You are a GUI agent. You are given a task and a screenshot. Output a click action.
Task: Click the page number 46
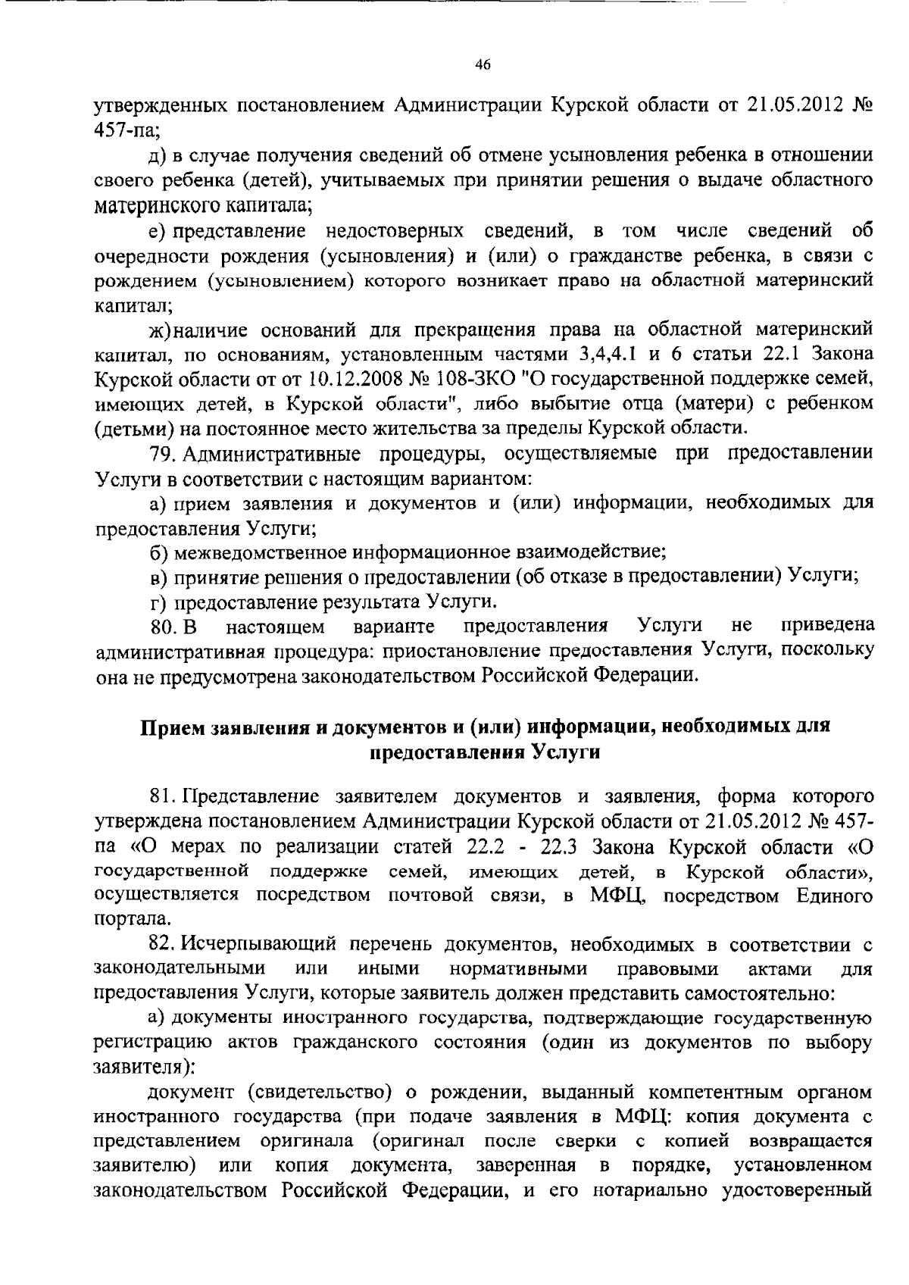pyautogui.click(x=483, y=65)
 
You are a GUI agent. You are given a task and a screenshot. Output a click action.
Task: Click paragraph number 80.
pyautogui.click(x=163, y=627)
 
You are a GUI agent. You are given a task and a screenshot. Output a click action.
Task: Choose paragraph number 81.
pyautogui.click(x=163, y=796)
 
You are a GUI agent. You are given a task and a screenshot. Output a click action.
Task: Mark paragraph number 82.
pyautogui.click(x=163, y=945)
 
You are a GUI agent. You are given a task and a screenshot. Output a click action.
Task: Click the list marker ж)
pyautogui.click(x=161, y=330)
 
